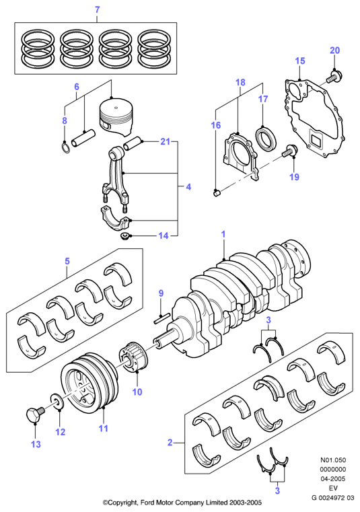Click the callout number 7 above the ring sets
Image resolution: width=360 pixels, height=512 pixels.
[x=97, y=10]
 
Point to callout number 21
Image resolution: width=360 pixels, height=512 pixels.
[x=166, y=141]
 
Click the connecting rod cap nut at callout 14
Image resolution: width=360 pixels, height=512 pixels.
[x=124, y=235]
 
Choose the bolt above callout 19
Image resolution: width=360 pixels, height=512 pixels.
[x=290, y=151]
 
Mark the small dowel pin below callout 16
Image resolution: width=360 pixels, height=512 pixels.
[x=216, y=193]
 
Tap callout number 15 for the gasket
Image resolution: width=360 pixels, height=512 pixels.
[x=300, y=61]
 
